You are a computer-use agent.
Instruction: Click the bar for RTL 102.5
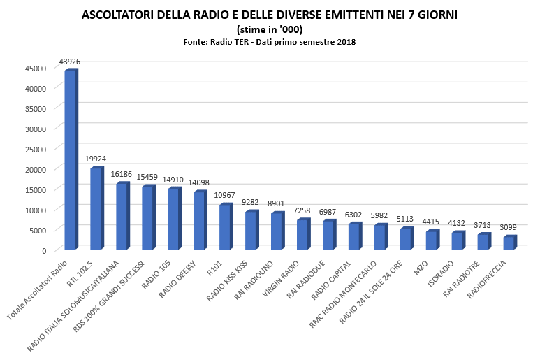[x=96, y=209]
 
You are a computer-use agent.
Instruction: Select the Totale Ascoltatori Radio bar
[x=70, y=160]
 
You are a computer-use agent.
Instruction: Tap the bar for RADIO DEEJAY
[x=199, y=221]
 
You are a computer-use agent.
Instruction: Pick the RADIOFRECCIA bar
[x=509, y=243]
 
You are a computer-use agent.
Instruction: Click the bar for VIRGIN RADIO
[x=302, y=235]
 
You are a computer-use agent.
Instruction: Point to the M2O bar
[x=431, y=240]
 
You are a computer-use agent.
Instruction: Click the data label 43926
[x=70, y=62]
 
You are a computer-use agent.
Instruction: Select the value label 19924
[x=96, y=159]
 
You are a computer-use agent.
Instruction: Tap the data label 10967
[x=225, y=196]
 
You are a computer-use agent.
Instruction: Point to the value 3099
[x=509, y=228]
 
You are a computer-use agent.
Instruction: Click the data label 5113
[x=406, y=219]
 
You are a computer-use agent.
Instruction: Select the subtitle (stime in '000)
[x=270, y=29]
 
